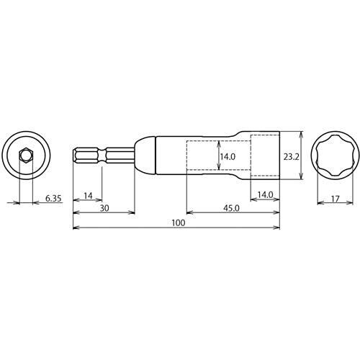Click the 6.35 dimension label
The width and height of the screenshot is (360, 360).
pyautogui.click(x=53, y=199)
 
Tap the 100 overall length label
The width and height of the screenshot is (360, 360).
pyautogui.click(x=179, y=223)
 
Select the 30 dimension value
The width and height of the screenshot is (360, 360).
pyautogui.click(x=104, y=208)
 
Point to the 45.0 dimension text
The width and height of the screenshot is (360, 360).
pyautogui.click(x=231, y=208)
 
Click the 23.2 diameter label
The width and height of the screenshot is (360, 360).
pyautogui.click(x=291, y=157)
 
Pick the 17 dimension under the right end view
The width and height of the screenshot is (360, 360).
pyautogui.click(x=336, y=199)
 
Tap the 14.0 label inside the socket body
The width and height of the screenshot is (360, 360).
pyautogui.click(x=228, y=157)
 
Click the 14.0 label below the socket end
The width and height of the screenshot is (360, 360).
pyautogui.click(x=265, y=195)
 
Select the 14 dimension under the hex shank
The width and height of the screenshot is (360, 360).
pyautogui.click(x=88, y=196)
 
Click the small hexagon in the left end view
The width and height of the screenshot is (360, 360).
pyautogui.click(x=25, y=156)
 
